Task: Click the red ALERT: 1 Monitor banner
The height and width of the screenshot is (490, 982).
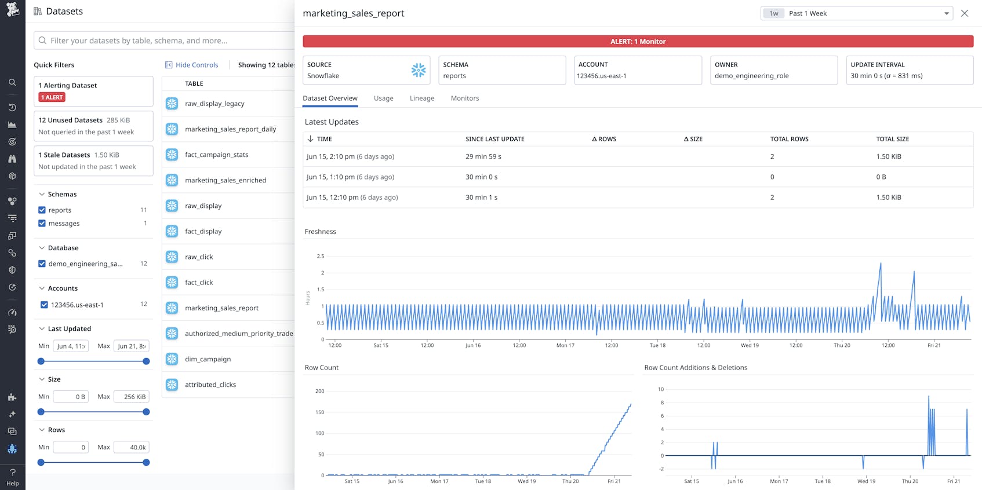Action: click(638, 41)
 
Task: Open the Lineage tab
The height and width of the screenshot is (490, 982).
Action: click(421, 98)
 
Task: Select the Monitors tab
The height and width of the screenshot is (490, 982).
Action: click(464, 98)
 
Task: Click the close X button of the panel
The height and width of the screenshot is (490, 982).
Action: click(964, 13)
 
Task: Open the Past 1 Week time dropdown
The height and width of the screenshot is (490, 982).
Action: click(856, 13)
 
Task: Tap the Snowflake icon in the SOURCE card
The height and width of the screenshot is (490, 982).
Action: click(418, 70)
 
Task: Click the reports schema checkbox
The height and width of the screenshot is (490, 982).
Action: click(42, 210)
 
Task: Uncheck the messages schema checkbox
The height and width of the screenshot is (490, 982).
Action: click(42, 224)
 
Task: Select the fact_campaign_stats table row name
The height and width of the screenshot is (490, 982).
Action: click(216, 155)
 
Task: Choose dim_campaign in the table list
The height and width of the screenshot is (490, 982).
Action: click(208, 359)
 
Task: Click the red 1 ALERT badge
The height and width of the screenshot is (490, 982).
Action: click(52, 97)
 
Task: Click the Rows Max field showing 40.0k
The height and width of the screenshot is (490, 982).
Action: click(132, 447)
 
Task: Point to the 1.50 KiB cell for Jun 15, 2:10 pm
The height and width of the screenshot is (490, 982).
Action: click(888, 156)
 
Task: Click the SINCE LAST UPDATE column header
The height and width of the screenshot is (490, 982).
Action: click(494, 139)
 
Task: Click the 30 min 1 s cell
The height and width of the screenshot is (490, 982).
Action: click(481, 198)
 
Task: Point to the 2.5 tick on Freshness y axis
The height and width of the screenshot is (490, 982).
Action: click(321, 256)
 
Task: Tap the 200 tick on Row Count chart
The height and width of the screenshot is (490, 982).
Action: click(319, 391)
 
